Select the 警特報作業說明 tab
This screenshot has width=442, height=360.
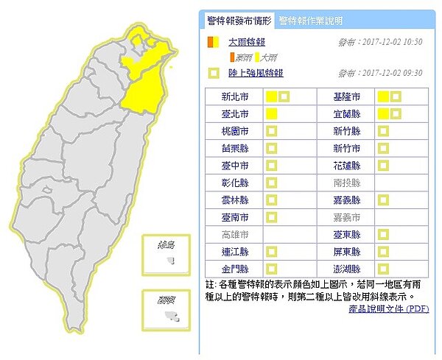(x=310, y=21)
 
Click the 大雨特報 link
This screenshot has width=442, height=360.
(x=247, y=42)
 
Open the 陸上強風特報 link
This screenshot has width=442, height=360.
(x=256, y=73)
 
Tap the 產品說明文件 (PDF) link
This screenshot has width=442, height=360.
(x=388, y=308)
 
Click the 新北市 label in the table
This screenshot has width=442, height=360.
(x=235, y=97)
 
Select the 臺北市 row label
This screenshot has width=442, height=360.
(x=235, y=114)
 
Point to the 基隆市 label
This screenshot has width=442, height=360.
(x=346, y=97)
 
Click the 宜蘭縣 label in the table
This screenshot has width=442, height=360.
(x=346, y=114)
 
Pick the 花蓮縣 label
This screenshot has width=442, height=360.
(x=346, y=166)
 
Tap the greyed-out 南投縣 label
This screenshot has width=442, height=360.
(x=346, y=183)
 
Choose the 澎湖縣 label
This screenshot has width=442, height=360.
(x=346, y=269)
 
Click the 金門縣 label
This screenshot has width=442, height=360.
(x=235, y=269)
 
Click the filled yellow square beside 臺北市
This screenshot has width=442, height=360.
(x=271, y=114)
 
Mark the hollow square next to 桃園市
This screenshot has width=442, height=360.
(x=271, y=131)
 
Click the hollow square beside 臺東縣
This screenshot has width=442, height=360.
(x=383, y=234)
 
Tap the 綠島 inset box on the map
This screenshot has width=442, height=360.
(x=166, y=255)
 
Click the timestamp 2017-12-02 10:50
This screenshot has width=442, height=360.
(x=390, y=42)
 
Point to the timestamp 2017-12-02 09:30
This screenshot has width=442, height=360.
(x=390, y=73)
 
